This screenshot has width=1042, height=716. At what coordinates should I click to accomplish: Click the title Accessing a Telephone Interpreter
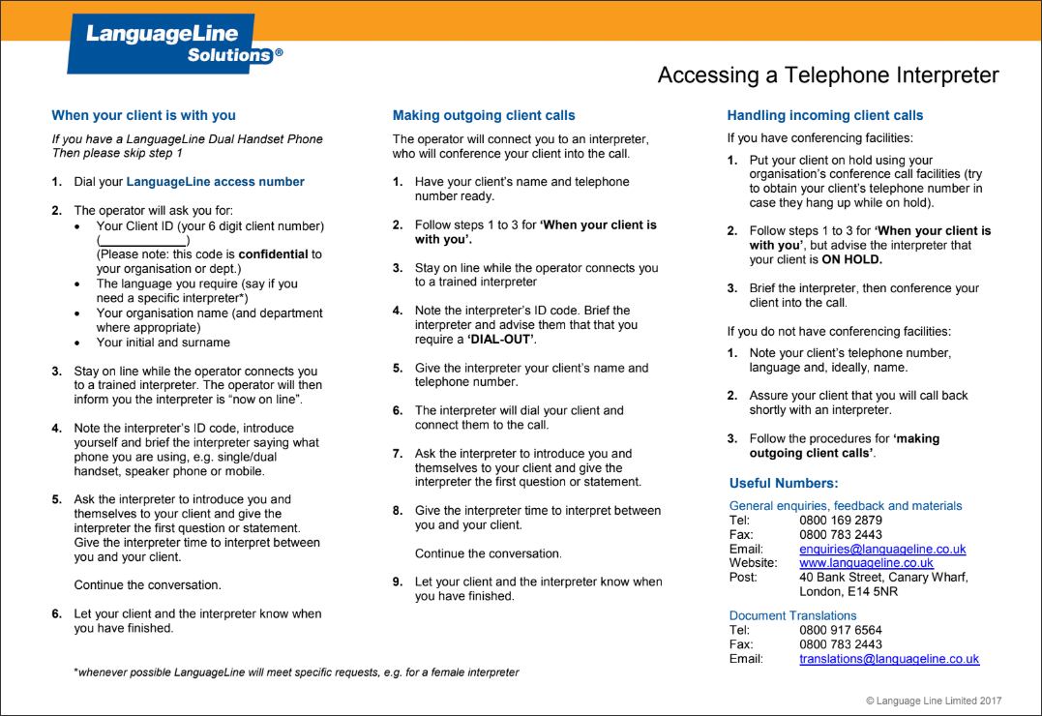827,75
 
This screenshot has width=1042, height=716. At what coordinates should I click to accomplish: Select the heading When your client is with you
143,115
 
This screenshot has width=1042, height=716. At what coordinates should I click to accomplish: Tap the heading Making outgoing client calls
484,115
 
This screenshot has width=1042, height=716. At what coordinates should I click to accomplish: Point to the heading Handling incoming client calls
824,115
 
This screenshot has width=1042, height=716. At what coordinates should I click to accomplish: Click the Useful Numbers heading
784,483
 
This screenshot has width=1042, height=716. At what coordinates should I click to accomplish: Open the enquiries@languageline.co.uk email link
881,549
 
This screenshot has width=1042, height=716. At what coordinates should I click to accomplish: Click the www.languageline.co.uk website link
866,562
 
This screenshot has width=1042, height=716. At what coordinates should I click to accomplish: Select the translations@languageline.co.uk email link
888,659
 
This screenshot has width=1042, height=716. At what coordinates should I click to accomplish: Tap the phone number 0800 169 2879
840,520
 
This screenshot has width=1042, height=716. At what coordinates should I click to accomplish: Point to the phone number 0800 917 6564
840,630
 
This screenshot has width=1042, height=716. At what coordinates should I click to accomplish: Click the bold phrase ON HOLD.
851,259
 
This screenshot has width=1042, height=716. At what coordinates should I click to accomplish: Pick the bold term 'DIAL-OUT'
501,340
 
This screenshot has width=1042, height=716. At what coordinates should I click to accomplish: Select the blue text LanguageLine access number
215,182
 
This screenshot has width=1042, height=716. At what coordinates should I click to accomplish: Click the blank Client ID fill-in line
142,240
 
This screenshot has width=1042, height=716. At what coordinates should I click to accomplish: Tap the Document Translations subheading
792,615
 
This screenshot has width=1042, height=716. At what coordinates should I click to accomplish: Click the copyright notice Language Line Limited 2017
933,701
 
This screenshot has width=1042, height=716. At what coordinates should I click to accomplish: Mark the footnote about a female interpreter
297,672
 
